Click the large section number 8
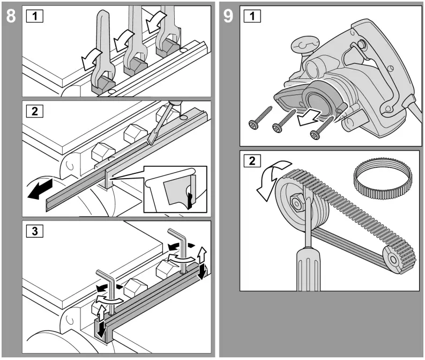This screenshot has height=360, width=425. pos(10,16)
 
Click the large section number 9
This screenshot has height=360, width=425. pos(229,16)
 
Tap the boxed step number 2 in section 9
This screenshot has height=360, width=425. pos(251,161)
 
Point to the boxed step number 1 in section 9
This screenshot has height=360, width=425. pos(251,16)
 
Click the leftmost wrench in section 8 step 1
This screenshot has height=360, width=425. pos(101,54)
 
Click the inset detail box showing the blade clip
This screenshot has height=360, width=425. pos(175,189)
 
